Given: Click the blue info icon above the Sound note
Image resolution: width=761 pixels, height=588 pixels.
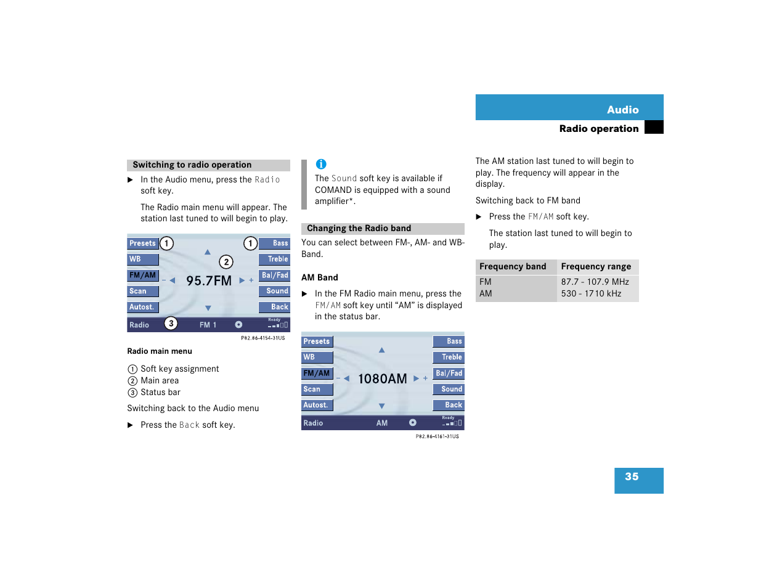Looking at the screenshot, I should click(321, 164).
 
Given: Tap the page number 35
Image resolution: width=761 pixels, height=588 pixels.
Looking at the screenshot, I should click(632, 477).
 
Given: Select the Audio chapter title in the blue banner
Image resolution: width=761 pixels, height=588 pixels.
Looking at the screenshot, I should click(622, 110).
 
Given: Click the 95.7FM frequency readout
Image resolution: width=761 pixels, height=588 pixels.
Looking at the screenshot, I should click(209, 281).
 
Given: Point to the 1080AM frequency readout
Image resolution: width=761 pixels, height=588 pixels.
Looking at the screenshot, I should click(382, 379).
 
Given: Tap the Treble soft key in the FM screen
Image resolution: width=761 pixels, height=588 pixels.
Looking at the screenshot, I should click(275, 259).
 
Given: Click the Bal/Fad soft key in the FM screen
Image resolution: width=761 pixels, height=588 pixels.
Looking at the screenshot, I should click(275, 276).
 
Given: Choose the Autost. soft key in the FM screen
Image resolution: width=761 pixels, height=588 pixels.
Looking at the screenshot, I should click(142, 307).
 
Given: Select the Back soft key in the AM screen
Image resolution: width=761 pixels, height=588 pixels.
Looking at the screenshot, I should click(449, 405).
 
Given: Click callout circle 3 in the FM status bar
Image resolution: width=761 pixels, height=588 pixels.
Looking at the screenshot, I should click(171, 324).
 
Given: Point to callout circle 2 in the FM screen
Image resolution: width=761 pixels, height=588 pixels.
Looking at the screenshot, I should click(226, 262).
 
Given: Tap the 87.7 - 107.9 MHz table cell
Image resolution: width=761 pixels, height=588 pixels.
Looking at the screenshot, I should click(595, 282).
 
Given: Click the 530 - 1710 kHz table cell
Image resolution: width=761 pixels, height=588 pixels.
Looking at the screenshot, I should click(591, 293).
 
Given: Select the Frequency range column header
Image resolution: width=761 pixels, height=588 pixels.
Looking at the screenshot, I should click(596, 266).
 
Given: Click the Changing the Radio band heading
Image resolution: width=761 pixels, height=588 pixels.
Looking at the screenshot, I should click(359, 228).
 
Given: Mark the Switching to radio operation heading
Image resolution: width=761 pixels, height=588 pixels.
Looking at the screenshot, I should click(192, 165).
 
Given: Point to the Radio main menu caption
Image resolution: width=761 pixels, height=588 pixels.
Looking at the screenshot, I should click(160, 351).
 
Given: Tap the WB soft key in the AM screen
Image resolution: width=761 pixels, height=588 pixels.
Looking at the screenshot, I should click(317, 357).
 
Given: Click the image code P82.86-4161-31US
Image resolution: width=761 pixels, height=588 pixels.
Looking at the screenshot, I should click(437, 436).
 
